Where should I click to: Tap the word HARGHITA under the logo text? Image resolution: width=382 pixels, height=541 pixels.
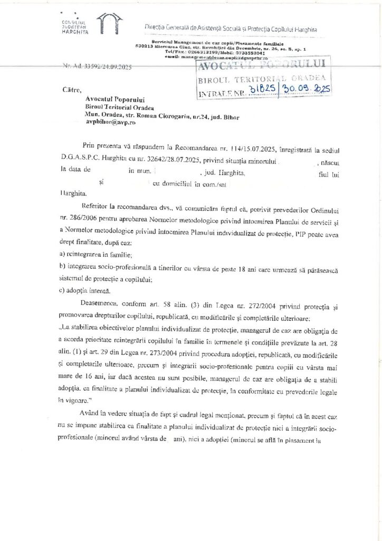[75, 32]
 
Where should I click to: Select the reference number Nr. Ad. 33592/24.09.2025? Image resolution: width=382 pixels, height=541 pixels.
[98, 68]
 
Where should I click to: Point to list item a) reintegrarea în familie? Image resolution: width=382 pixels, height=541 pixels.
[94, 254]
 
